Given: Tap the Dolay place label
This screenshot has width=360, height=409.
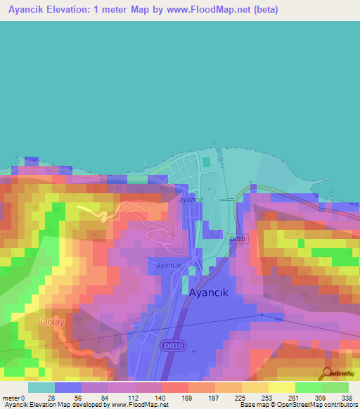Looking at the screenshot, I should (x=52, y=323).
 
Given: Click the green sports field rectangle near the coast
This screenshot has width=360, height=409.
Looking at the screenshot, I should (x=206, y=162).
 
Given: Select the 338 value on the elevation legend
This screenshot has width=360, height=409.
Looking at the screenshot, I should (x=347, y=398).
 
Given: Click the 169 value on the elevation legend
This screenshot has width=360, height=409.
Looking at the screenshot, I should (x=187, y=398).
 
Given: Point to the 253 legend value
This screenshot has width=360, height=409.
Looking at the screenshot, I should (x=267, y=398).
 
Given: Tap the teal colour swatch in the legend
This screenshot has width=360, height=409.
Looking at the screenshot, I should (x=41, y=387).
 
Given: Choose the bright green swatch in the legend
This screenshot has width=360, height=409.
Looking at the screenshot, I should (x=308, y=387).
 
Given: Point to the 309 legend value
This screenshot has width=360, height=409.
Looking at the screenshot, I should (x=321, y=398).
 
